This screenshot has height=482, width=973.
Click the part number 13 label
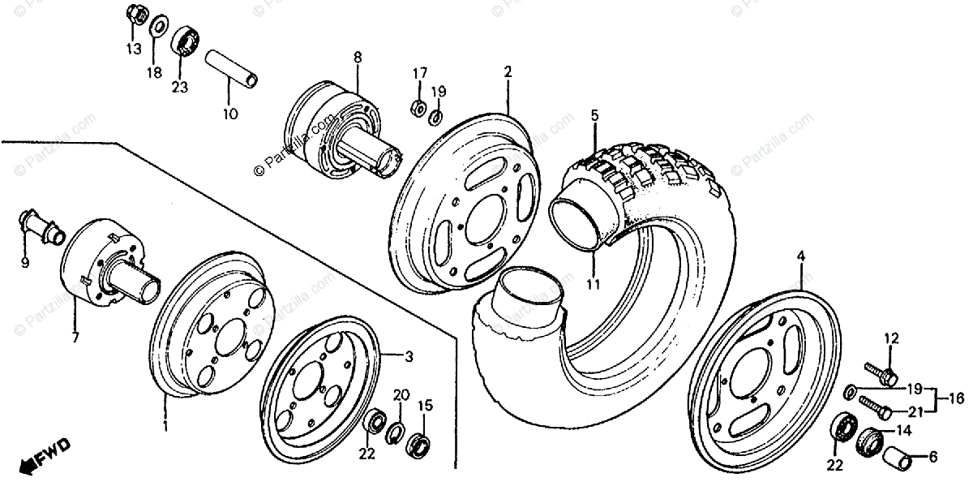133,48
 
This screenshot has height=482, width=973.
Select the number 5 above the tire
594,116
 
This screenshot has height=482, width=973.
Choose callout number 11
594,284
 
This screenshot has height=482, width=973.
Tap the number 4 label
801,256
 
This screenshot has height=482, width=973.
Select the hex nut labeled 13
137,14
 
